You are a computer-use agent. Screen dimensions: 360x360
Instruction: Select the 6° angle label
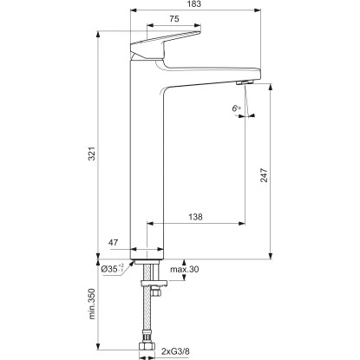(x=235, y=108)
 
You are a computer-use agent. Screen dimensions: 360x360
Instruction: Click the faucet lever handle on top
(x=165, y=43)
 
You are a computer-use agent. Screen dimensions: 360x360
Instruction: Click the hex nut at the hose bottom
(x=147, y=351)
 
